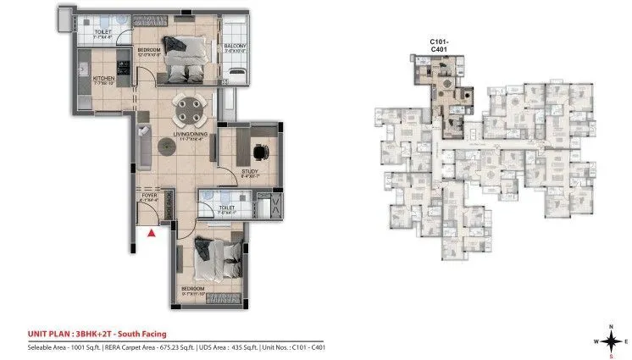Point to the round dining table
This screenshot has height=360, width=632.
189,108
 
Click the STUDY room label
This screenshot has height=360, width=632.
249,172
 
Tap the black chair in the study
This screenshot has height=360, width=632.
258,152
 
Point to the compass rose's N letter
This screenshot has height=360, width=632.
610,324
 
